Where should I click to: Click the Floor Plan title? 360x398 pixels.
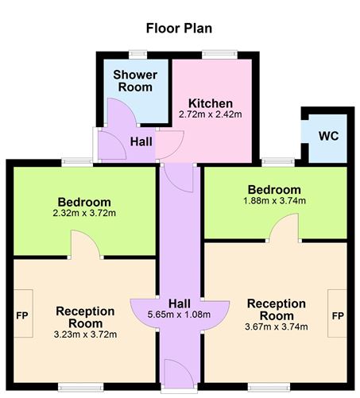[x=179, y=29]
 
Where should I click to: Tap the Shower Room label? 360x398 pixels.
[x=135, y=82]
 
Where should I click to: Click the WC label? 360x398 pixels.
[x=329, y=136]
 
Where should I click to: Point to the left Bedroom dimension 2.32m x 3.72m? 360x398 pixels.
[x=83, y=214]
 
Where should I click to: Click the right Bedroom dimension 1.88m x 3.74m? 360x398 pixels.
[x=274, y=202]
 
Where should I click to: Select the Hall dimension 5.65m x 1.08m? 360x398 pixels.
[x=179, y=314]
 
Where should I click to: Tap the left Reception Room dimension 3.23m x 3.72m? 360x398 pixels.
[x=85, y=334]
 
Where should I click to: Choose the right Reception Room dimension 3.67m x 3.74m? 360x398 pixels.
[x=276, y=326]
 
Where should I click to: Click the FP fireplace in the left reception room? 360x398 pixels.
[x=21, y=315]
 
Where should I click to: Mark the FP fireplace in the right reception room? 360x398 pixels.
[x=338, y=315]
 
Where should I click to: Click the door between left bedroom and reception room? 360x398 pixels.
[x=86, y=245]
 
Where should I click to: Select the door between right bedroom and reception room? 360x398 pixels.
[x=284, y=231]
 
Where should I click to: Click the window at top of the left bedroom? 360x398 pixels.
[x=77, y=163]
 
